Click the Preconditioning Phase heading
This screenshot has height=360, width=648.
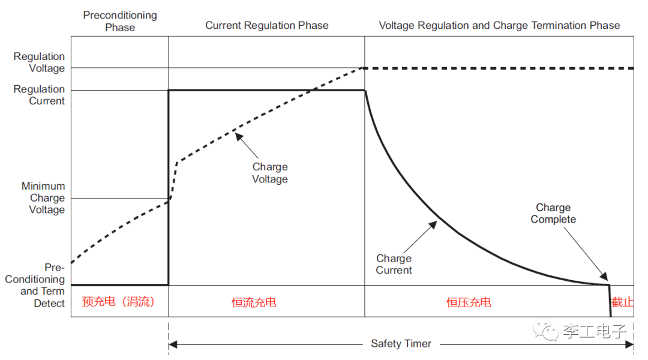click(x=120, y=21)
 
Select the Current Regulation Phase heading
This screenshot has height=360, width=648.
click(x=267, y=25)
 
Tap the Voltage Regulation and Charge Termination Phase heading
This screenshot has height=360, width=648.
click(x=499, y=25)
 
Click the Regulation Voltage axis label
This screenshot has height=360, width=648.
click(x=39, y=62)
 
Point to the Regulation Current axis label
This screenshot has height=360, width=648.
click(x=39, y=95)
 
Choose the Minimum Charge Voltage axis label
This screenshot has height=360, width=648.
click(x=43, y=198)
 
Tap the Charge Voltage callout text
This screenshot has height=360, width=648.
click(x=270, y=173)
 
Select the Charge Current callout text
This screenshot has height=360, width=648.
click(x=394, y=264)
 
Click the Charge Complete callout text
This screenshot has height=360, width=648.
click(x=553, y=214)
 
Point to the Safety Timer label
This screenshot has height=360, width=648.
click(x=401, y=344)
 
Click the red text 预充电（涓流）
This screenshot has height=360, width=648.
click(x=118, y=302)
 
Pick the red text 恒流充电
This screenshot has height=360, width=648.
click(x=254, y=302)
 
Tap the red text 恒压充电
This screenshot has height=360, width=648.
click(x=469, y=302)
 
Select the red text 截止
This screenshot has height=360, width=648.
click(x=622, y=302)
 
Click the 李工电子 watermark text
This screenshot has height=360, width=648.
click(x=594, y=331)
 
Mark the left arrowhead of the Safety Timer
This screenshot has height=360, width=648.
click(x=173, y=344)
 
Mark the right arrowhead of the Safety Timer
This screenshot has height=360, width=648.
click(x=630, y=344)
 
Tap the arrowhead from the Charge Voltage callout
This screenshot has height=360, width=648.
click(x=238, y=136)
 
